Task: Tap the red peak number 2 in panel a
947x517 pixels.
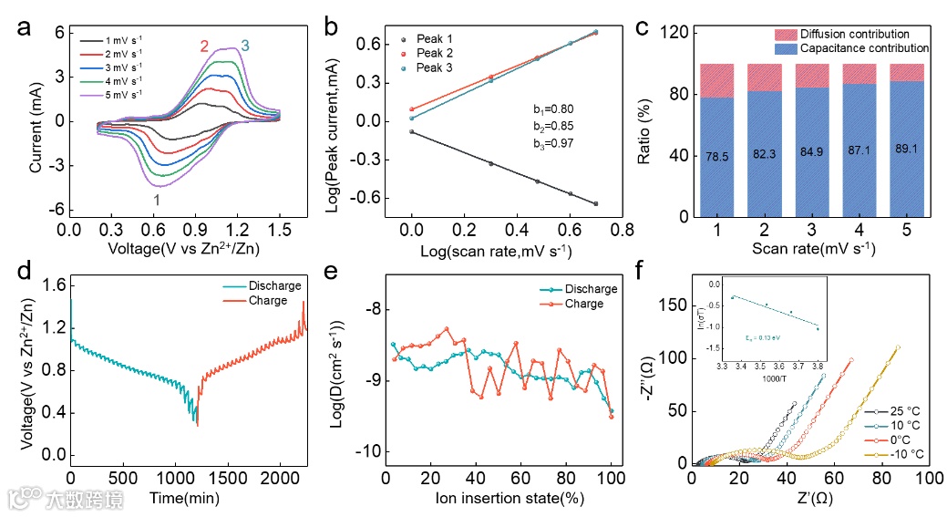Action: click(x=204, y=46)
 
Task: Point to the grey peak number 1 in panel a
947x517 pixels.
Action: click(x=157, y=199)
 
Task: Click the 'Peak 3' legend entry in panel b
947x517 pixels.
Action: click(x=434, y=68)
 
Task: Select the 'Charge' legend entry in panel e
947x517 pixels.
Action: click(x=582, y=303)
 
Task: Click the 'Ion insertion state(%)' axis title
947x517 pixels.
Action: click(x=498, y=500)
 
